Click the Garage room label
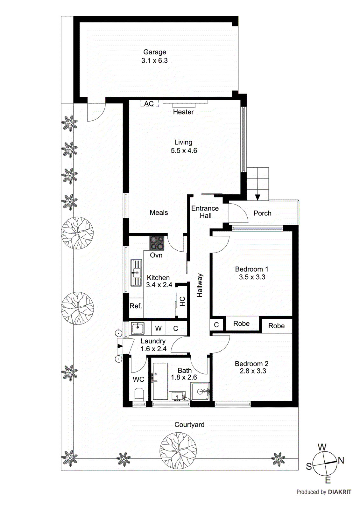point(155,52)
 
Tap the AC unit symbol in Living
point(149,104)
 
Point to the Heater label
point(183,112)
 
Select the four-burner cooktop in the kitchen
point(157,243)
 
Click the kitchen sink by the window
point(136,273)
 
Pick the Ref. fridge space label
point(136,306)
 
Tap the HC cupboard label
point(182,301)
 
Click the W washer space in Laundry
point(159,328)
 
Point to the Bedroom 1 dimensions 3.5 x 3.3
point(252,277)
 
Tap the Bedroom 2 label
point(251,364)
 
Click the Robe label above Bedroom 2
point(276,326)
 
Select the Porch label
point(262,213)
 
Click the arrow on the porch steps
point(258,197)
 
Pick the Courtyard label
point(189,425)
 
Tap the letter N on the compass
point(341,460)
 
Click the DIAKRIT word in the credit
point(340,492)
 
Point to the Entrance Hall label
point(205,212)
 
